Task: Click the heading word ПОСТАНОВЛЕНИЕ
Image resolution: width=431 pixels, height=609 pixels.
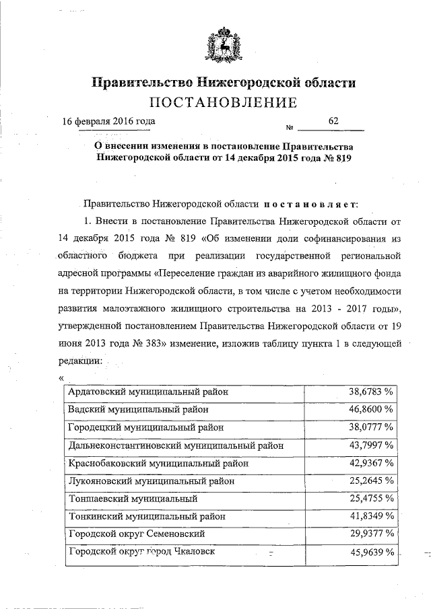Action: [x=223, y=103]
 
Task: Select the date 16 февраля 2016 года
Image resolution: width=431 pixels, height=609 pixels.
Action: [x=108, y=121]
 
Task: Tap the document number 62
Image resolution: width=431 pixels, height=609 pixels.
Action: [x=333, y=120]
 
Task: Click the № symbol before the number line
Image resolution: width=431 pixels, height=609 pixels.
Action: [x=291, y=128]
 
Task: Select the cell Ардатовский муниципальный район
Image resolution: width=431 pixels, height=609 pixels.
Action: [x=148, y=390]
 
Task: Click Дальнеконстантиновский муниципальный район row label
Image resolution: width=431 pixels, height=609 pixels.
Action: [x=175, y=445]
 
